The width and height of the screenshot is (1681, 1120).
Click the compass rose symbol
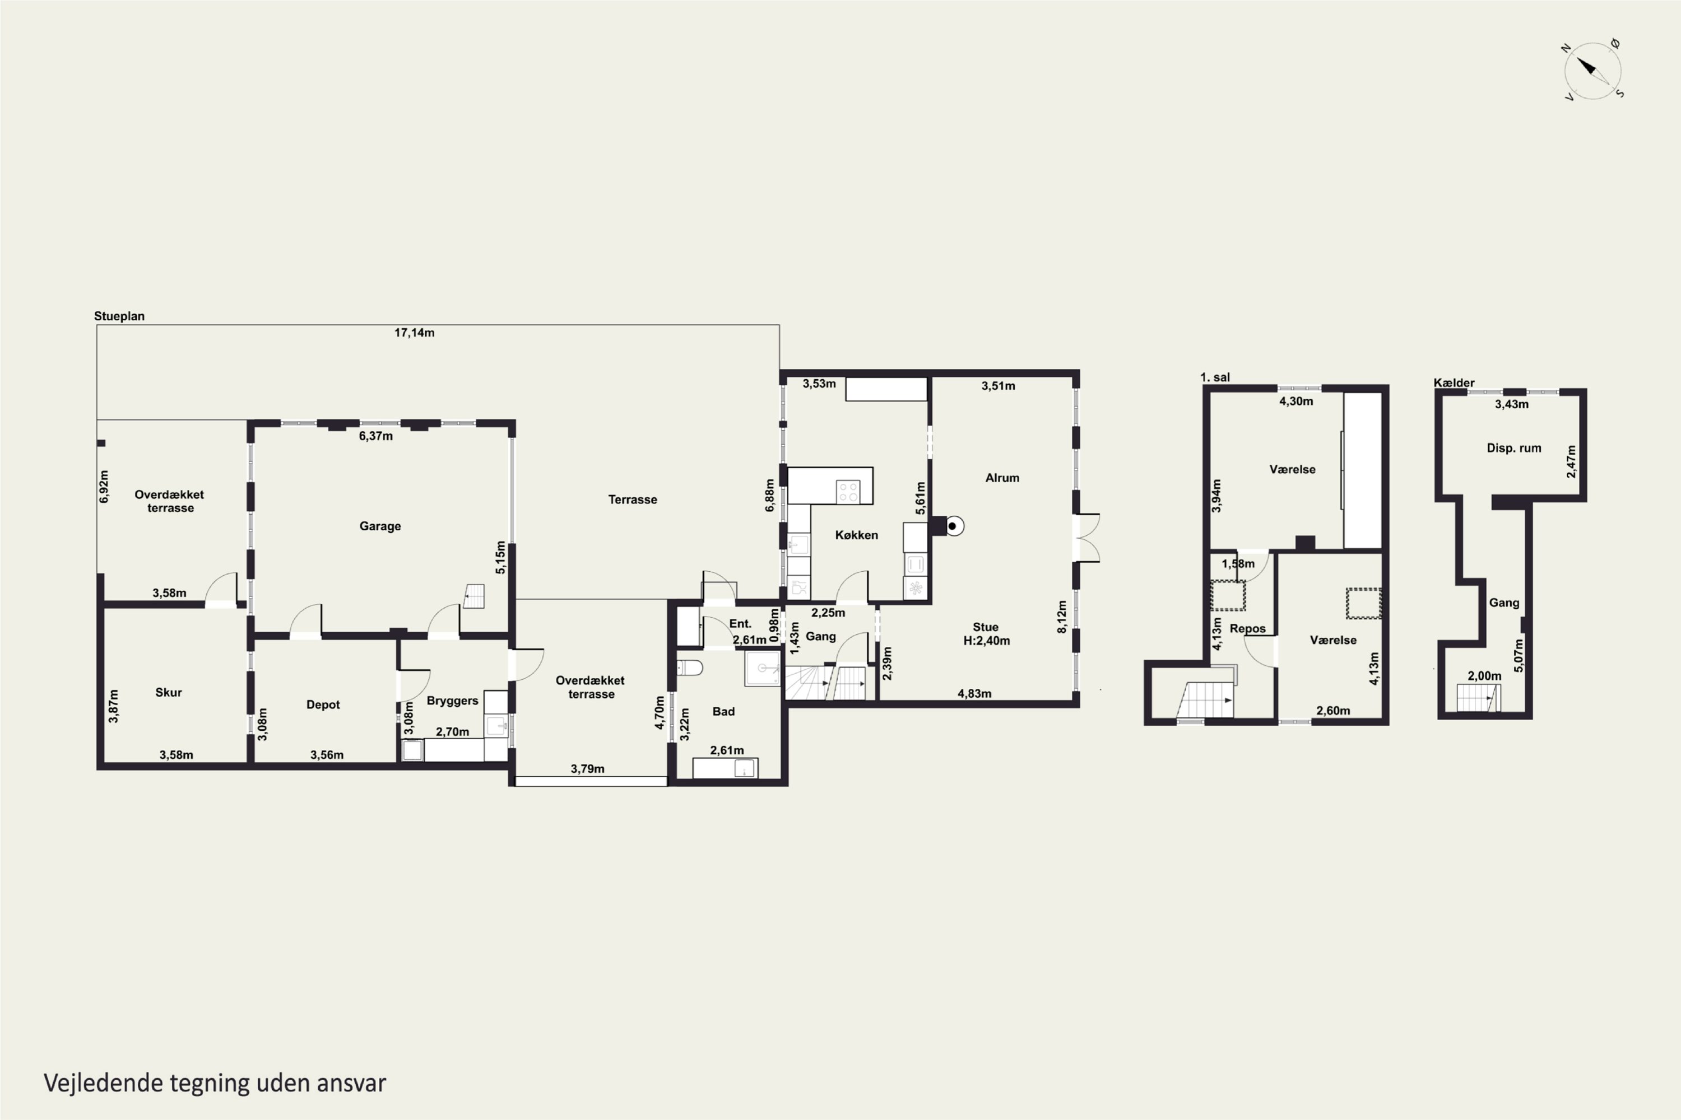pyautogui.click(x=1592, y=71)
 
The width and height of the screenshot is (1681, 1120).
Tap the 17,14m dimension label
pyautogui.click(x=415, y=333)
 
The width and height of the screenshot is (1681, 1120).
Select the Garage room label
pyautogui.click(x=380, y=526)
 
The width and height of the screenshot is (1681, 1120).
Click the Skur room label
pyautogui.click(x=169, y=692)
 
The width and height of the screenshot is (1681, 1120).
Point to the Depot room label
pyautogui.click(x=323, y=705)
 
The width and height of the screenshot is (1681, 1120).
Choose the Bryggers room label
pyautogui.click(x=452, y=701)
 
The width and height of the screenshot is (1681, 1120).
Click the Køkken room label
pyautogui.click(x=856, y=535)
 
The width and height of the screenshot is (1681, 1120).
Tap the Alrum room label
pyautogui.click(x=1002, y=478)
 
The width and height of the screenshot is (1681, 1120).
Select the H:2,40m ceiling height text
pyautogui.click(x=986, y=641)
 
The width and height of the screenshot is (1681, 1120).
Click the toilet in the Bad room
pyautogui.click(x=690, y=668)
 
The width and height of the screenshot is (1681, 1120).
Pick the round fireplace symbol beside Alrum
pyautogui.click(x=953, y=526)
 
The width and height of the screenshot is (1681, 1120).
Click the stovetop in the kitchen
pyautogui.click(x=848, y=492)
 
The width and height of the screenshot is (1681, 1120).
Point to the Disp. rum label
pyautogui.click(x=1514, y=449)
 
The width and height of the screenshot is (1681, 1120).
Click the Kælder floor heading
pyautogui.click(x=1454, y=383)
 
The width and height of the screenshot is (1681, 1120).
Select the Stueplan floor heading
pyautogui.click(x=119, y=316)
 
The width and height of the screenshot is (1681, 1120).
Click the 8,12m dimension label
pyautogui.click(x=1062, y=617)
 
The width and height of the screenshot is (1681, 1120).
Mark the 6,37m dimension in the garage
pyautogui.click(x=376, y=436)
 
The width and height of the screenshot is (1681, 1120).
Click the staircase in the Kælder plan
pyautogui.click(x=1479, y=698)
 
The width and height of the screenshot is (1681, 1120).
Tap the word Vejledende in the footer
pyautogui.click(x=103, y=1083)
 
